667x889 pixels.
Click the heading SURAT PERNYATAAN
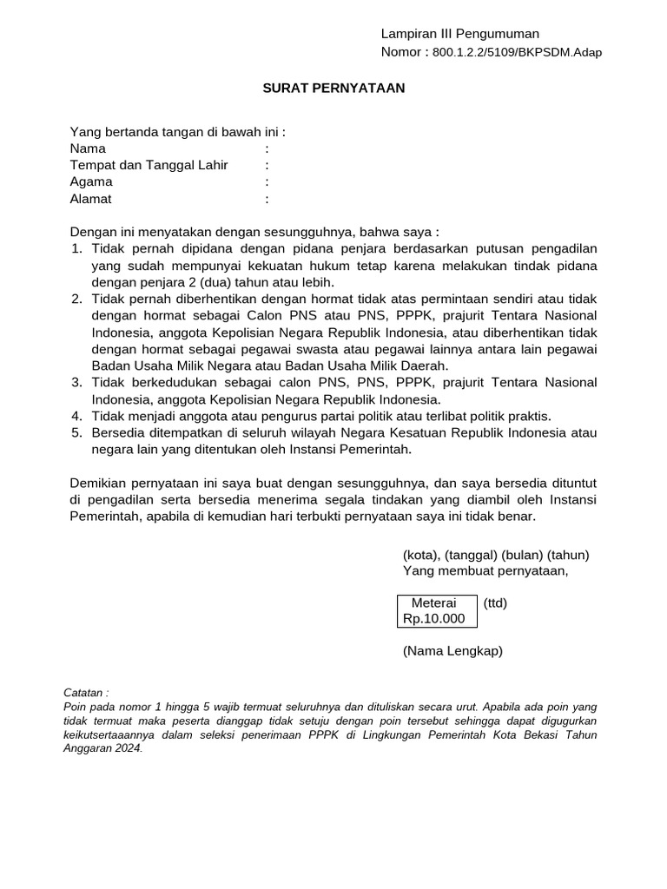pyautogui.click(x=334, y=88)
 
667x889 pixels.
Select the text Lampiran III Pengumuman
pyautogui.click(x=460, y=34)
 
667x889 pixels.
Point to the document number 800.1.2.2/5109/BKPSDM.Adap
pyautogui.click(x=517, y=52)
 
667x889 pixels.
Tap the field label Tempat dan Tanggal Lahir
pyautogui.click(x=149, y=165)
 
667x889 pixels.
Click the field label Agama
pyautogui.click(x=91, y=181)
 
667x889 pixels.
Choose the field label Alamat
pyautogui.click(x=91, y=199)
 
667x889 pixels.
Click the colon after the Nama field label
pyautogui.click(x=267, y=148)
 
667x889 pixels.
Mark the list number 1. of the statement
pyautogui.click(x=76, y=249)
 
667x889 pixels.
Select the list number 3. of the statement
pyautogui.click(x=76, y=383)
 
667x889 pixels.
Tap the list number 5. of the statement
pyautogui.click(x=76, y=432)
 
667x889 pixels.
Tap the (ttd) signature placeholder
pyautogui.click(x=496, y=603)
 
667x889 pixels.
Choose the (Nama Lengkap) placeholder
pyautogui.click(x=452, y=650)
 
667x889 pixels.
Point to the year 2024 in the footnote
pyautogui.click(x=127, y=749)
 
